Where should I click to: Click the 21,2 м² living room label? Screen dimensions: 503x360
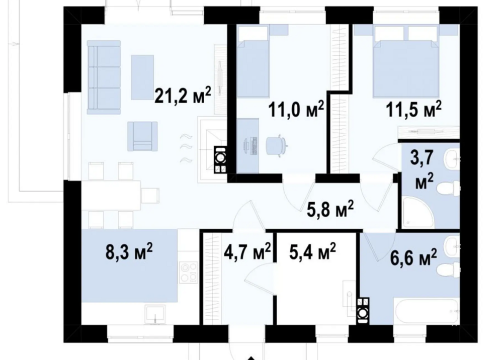coord(183,95)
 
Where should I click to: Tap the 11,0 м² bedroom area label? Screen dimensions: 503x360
coord(296,110)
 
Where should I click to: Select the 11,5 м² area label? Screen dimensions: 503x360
coord(414,110)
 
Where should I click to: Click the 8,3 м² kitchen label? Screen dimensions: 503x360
coord(129,251)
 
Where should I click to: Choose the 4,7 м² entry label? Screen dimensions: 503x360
coord(247,251)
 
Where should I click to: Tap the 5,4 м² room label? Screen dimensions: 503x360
coord(312,251)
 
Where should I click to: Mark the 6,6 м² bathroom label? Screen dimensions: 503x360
coord(413,257)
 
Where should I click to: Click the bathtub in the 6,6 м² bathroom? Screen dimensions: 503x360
coord(427,311)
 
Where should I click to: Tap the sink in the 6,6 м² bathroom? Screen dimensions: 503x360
coord(452,246)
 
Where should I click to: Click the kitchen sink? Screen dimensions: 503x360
coord(155,314)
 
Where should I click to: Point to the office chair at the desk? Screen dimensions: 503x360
coord(276,146)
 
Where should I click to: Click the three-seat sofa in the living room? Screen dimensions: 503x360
coord(104,77)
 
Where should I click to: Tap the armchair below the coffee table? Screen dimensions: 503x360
coord(143,136)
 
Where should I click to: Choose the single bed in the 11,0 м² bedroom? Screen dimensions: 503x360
coord(253,61)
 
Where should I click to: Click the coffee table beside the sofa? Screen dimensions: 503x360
coord(142,77)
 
